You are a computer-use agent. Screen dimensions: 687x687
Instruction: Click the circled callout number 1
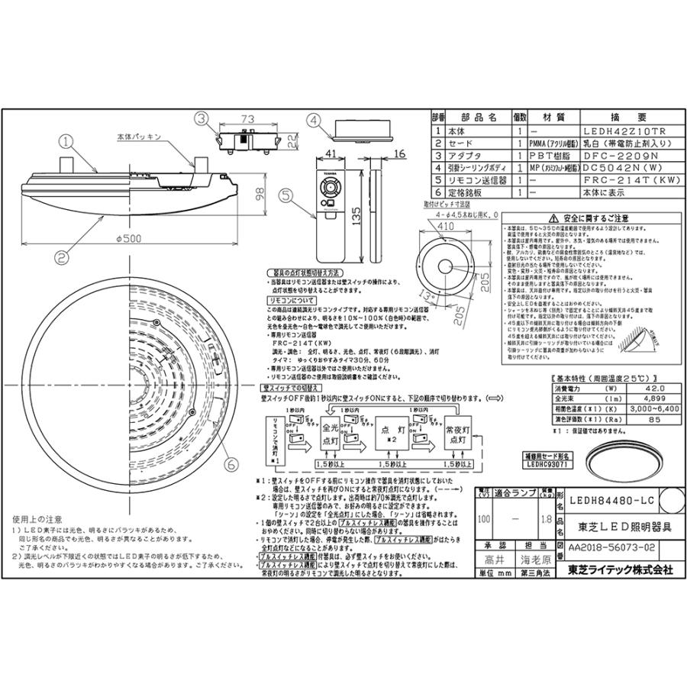click(x=66, y=140)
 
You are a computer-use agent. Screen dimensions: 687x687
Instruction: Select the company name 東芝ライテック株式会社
click(x=614, y=569)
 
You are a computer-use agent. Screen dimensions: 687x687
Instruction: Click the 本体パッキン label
click(x=137, y=137)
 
